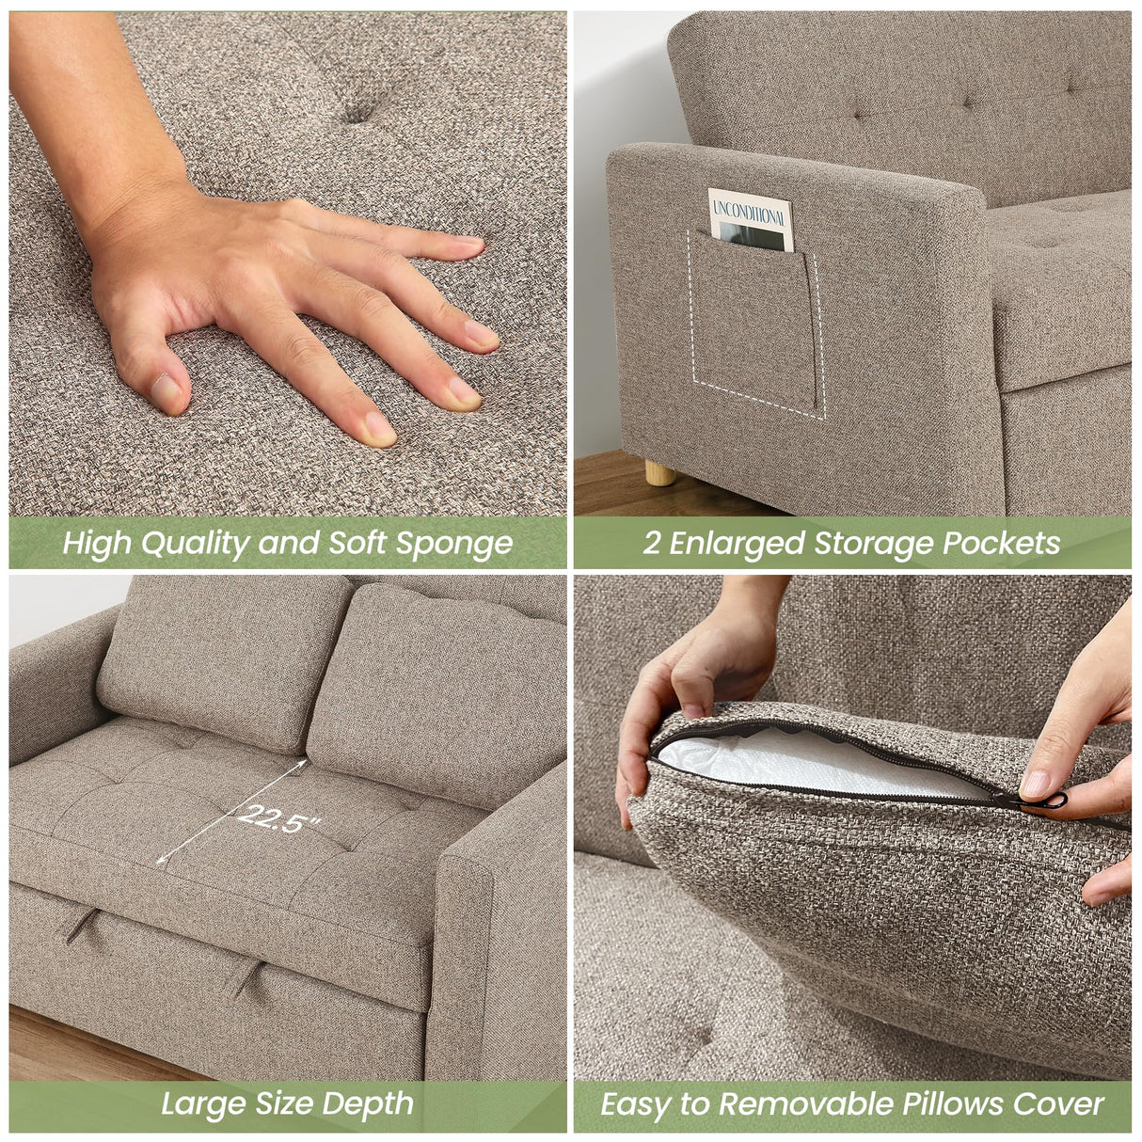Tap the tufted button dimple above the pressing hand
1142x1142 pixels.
point(358,113)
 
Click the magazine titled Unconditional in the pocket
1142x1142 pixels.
point(750,218)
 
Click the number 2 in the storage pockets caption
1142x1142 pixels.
point(651,544)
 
